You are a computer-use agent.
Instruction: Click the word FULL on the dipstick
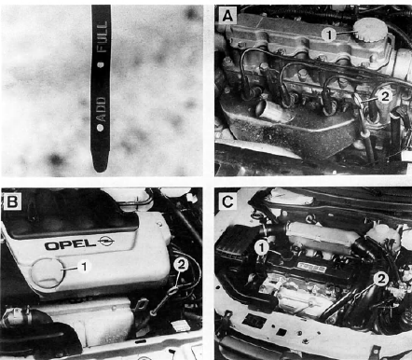tap(102, 37)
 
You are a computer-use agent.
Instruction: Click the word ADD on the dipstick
tap(102, 109)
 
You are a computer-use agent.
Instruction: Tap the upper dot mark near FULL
tap(101, 64)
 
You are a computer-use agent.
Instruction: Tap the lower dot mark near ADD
tap(100, 128)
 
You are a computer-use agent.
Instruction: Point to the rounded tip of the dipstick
tap(100, 167)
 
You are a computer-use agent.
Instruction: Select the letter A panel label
tap(227, 17)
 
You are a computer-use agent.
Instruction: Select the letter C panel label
tap(227, 202)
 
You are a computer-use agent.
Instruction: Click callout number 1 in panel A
tap(328, 35)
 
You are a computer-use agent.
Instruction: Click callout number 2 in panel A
tap(384, 96)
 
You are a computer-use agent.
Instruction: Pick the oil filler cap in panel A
tap(371, 30)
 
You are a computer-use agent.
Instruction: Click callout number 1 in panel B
tap(84, 267)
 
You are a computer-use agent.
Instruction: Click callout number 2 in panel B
tap(181, 265)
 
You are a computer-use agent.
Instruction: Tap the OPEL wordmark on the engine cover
tap(70, 244)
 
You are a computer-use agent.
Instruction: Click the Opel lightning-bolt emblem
tap(106, 241)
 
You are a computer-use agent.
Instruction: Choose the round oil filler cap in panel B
tap(47, 272)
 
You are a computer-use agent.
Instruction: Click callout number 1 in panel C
tap(261, 248)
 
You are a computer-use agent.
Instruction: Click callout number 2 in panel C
tap(381, 279)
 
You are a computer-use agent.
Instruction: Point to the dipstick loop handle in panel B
tap(173, 291)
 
